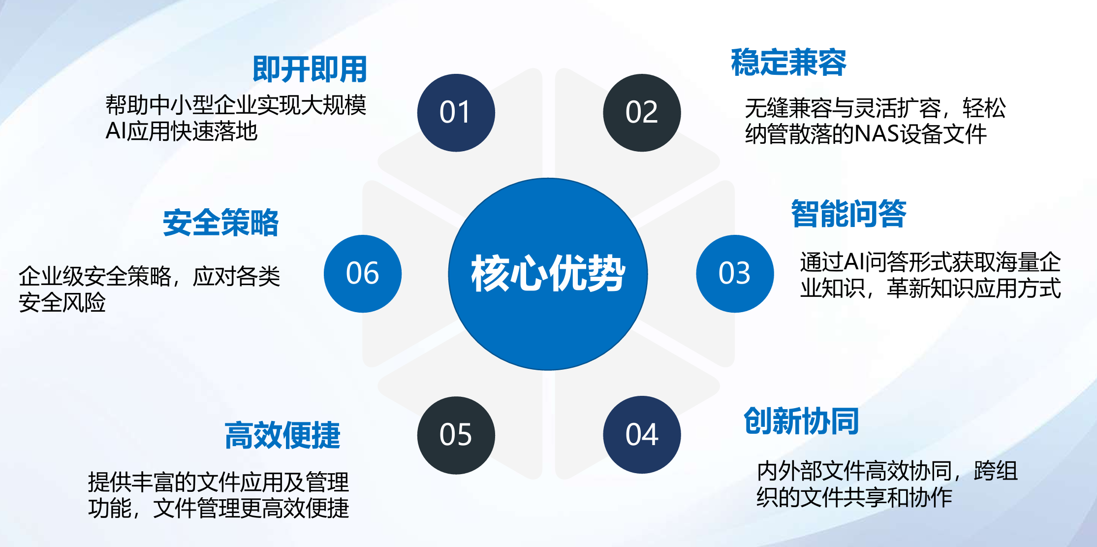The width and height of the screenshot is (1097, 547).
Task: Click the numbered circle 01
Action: pos(456,113)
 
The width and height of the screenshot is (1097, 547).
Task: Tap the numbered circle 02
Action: pos(642,113)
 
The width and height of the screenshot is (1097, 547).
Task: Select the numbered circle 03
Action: pos(735,274)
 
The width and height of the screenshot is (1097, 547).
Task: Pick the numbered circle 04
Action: pos(642,435)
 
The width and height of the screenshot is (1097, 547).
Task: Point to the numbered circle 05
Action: pos(456,435)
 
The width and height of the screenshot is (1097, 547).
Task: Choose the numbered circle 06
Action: pos(363,274)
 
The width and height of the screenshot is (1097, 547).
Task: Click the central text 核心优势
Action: pos(548,274)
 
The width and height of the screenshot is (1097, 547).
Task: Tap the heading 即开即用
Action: pos(310,69)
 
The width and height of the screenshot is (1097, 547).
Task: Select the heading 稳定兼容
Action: pos(788,63)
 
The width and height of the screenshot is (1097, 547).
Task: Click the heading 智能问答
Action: pos(848,214)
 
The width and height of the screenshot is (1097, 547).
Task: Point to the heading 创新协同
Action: pos(801,421)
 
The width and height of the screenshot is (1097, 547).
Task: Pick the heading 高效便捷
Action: pos(282,435)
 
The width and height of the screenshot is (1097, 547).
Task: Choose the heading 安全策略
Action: pos(220,222)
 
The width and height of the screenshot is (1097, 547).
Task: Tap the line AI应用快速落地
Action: pos(182,131)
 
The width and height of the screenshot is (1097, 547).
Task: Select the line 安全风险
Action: pos(62,302)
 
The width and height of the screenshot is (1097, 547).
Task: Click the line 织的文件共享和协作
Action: pos(854,497)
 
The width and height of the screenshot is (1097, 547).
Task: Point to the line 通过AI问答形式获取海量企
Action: pos(930,262)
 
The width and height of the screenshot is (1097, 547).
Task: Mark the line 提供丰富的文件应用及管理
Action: pos(219,482)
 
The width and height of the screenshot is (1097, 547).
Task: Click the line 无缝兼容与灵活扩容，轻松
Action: pos(875,108)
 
